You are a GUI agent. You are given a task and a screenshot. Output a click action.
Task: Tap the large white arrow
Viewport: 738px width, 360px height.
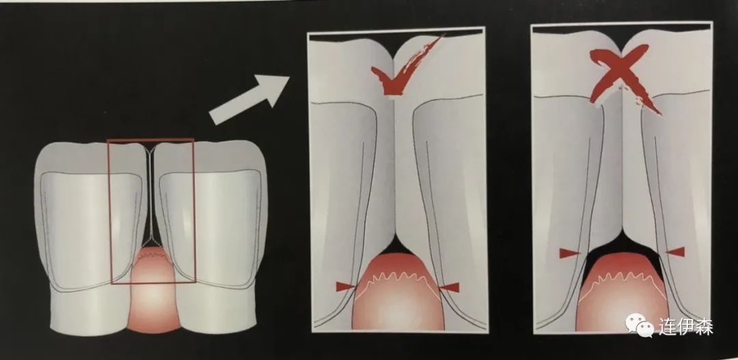click(249, 99)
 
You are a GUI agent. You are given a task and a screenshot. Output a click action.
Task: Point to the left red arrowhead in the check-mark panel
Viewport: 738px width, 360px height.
click(344, 287)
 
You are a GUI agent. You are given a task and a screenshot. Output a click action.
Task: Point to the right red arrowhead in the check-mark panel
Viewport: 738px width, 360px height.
click(450, 287)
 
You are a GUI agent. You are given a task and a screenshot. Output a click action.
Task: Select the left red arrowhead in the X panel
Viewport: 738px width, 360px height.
click(569, 253)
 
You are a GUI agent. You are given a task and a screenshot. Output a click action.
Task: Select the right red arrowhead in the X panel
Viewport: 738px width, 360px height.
click(675, 252)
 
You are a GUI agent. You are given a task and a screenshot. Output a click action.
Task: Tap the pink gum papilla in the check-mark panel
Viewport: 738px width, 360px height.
click(398, 292)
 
